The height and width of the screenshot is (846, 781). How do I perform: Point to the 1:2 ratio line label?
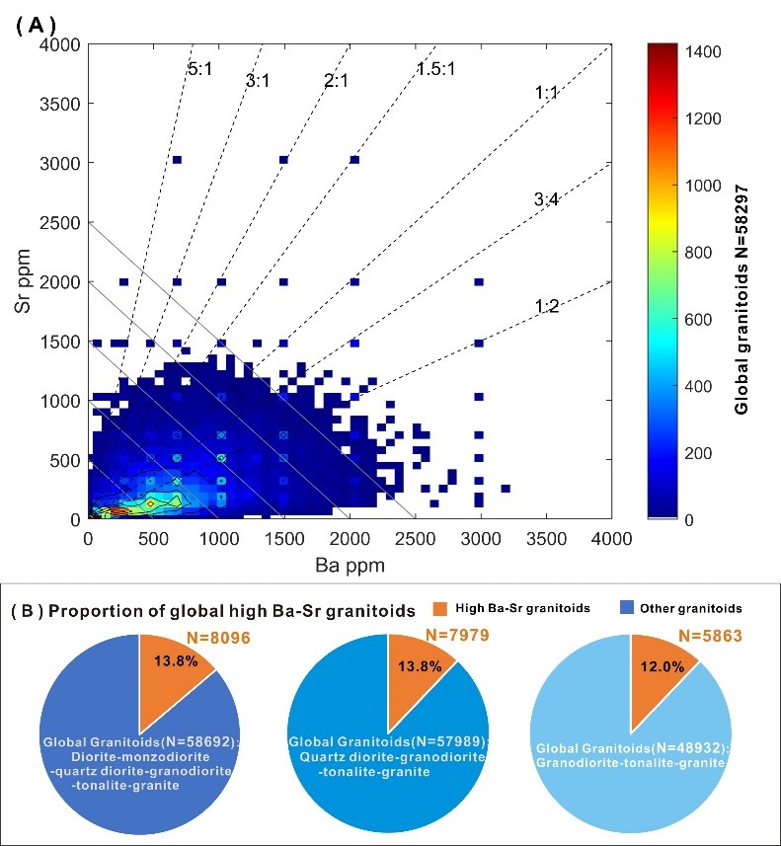coord(547,307)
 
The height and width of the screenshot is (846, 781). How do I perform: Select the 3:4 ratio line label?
coord(547,199)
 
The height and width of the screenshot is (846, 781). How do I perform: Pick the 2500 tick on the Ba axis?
coord(415,538)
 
